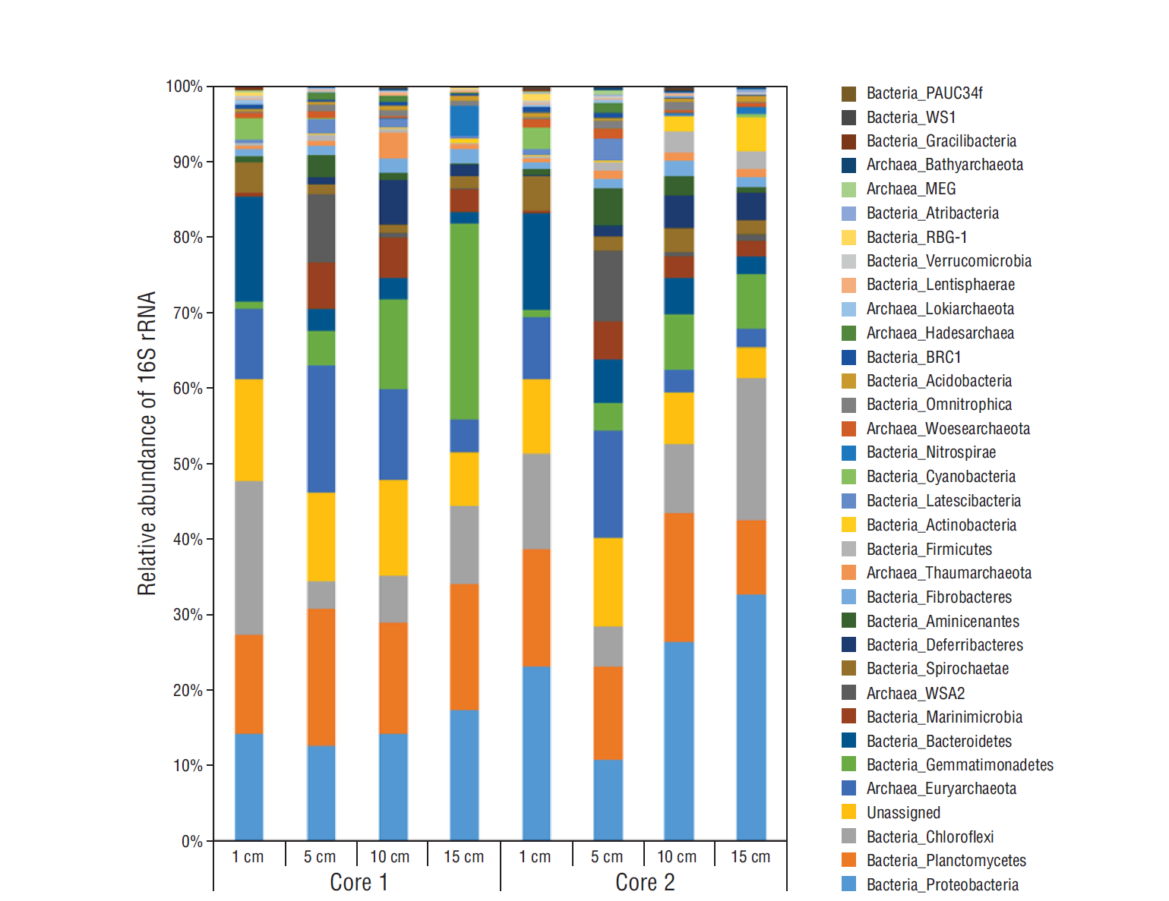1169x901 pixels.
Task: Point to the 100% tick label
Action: click(x=184, y=87)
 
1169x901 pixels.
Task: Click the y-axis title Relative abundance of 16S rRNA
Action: click(x=147, y=443)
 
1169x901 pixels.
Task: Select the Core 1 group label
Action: click(x=359, y=882)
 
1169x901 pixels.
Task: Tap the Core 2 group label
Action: click(x=645, y=882)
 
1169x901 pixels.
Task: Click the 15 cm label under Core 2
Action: click(x=750, y=857)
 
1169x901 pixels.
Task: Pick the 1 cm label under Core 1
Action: click(x=248, y=857)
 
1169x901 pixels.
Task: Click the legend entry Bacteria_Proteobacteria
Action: click(x=942, y=884)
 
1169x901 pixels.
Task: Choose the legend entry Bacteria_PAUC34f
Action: click(x=924, y=93)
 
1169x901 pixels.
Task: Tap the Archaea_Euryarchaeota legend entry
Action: click(x=941, y=788)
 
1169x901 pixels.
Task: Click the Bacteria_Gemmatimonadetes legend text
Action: click(x=959, y=764)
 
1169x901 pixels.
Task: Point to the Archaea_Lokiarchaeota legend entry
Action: click(x=940, y=308)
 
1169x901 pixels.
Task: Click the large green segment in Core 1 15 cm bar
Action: click(x=464, y=321)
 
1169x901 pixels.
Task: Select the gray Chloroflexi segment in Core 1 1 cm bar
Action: click(x=248, y=558)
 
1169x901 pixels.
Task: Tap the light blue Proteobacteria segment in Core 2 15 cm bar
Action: click(x=750, y=717)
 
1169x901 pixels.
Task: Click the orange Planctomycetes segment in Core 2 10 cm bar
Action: click(x=678, y=577)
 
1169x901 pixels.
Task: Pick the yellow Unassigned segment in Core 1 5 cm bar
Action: click(x=321, y=537)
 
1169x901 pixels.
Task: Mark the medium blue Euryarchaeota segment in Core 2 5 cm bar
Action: click(x=608, y=484)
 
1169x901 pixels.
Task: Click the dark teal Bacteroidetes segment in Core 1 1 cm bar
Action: click(x=248, y=249)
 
